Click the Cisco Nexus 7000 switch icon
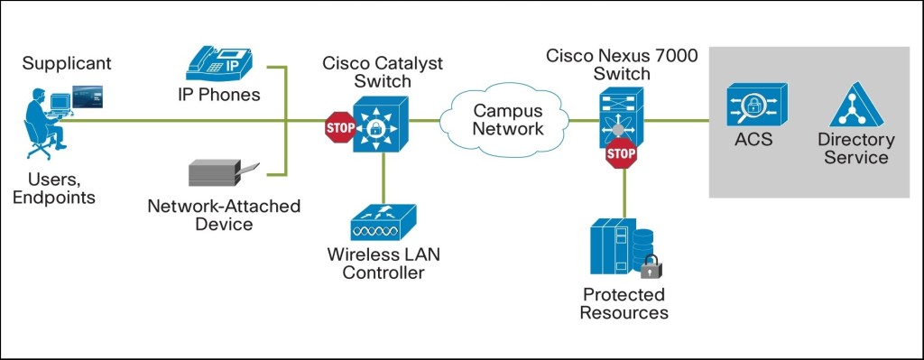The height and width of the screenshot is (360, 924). [x=621, y=113]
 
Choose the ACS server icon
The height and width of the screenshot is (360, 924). [x=757, y=105]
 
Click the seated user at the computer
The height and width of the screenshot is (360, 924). [x=45, y=116]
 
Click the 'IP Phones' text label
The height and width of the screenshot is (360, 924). [x=219, y=94]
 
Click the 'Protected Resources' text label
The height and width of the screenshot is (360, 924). [x=624, y=303]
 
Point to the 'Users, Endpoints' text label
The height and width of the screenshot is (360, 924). [x=53, y=188]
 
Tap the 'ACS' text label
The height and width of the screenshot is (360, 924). [x=754, y=140]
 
